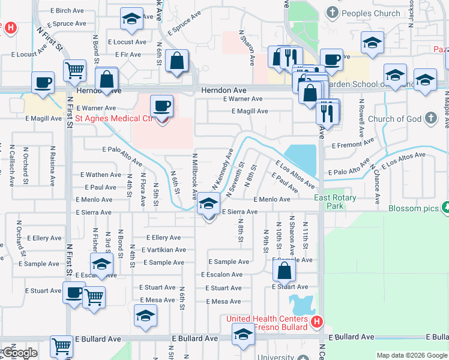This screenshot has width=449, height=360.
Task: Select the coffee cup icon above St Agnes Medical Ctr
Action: point(162,107)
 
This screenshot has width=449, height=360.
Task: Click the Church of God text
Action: point(394,119)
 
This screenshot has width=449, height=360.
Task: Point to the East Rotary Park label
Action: point(336,202)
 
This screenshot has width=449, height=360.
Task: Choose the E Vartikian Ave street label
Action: point(164,250)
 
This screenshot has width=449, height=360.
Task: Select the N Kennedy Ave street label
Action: point(221,169)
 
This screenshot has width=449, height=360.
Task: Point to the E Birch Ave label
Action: point(67,11)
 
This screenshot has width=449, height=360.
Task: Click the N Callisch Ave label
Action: point(12,165)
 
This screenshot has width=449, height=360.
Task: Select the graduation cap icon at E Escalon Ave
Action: point(102,263)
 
